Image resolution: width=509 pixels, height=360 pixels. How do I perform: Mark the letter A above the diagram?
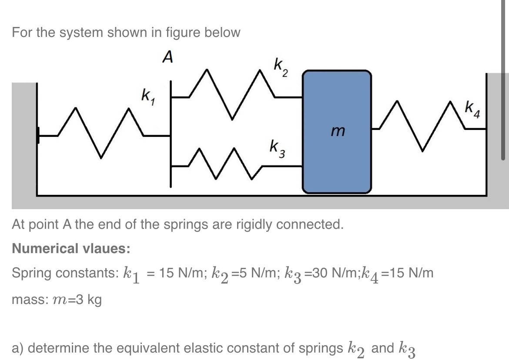tap(167, 57)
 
